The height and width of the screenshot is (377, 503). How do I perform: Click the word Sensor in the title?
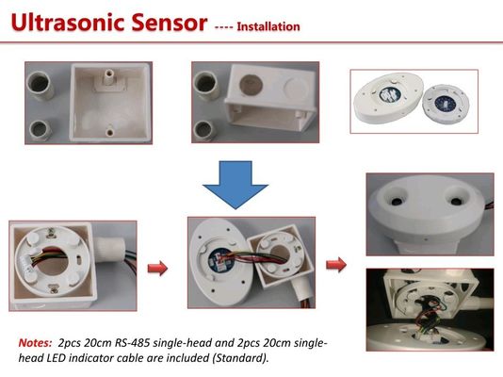point(170,23)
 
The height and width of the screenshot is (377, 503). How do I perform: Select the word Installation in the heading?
point(268,26)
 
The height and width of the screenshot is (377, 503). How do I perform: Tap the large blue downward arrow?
point(235,185)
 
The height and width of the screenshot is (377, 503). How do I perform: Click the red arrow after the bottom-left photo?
point(157,268)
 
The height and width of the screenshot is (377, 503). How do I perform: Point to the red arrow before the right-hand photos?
point(336,265)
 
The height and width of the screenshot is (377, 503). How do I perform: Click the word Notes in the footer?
point(35,343)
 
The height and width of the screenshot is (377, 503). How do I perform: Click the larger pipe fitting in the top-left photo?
point(41,84)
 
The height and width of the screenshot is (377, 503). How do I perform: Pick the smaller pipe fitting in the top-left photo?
point(41,131)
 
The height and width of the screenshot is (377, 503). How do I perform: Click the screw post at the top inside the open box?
point(108,77)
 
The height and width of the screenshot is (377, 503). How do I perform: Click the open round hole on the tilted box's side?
point(251,85)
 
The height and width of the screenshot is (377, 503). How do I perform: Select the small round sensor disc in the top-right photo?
point(446,104)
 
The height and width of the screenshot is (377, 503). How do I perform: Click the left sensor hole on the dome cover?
point(397,201)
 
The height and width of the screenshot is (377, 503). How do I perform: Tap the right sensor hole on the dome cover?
point(456,201)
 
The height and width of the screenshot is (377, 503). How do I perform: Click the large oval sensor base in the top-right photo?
point(388,98)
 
